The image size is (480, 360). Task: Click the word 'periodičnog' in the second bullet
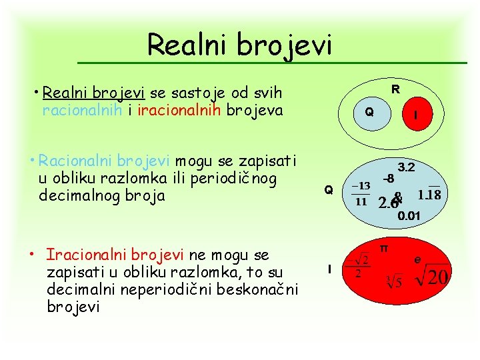click(233, 179)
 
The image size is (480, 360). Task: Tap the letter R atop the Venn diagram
click(395, 89)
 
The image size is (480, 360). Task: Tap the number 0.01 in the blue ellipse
click(409, 215)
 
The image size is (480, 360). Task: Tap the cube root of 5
click(393, 282)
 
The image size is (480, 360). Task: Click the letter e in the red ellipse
click(417, 259)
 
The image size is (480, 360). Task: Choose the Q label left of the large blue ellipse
click(329, 190)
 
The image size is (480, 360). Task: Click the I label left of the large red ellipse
click(329, 269)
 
